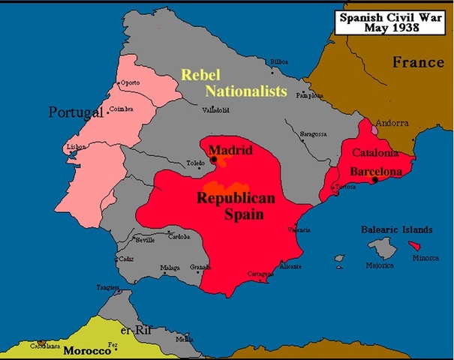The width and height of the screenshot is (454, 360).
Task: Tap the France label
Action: [418, 63]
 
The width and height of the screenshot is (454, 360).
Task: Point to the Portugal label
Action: [75, 112]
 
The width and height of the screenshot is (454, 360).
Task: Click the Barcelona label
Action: [376, 172]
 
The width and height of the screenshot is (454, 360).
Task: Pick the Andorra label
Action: [391, 122]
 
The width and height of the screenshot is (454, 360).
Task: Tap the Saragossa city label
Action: [312, 133]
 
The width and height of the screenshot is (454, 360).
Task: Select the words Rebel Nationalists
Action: [234, 83]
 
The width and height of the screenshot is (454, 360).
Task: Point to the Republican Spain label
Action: [236, 205]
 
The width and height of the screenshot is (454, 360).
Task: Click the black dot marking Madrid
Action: [214, 159]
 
